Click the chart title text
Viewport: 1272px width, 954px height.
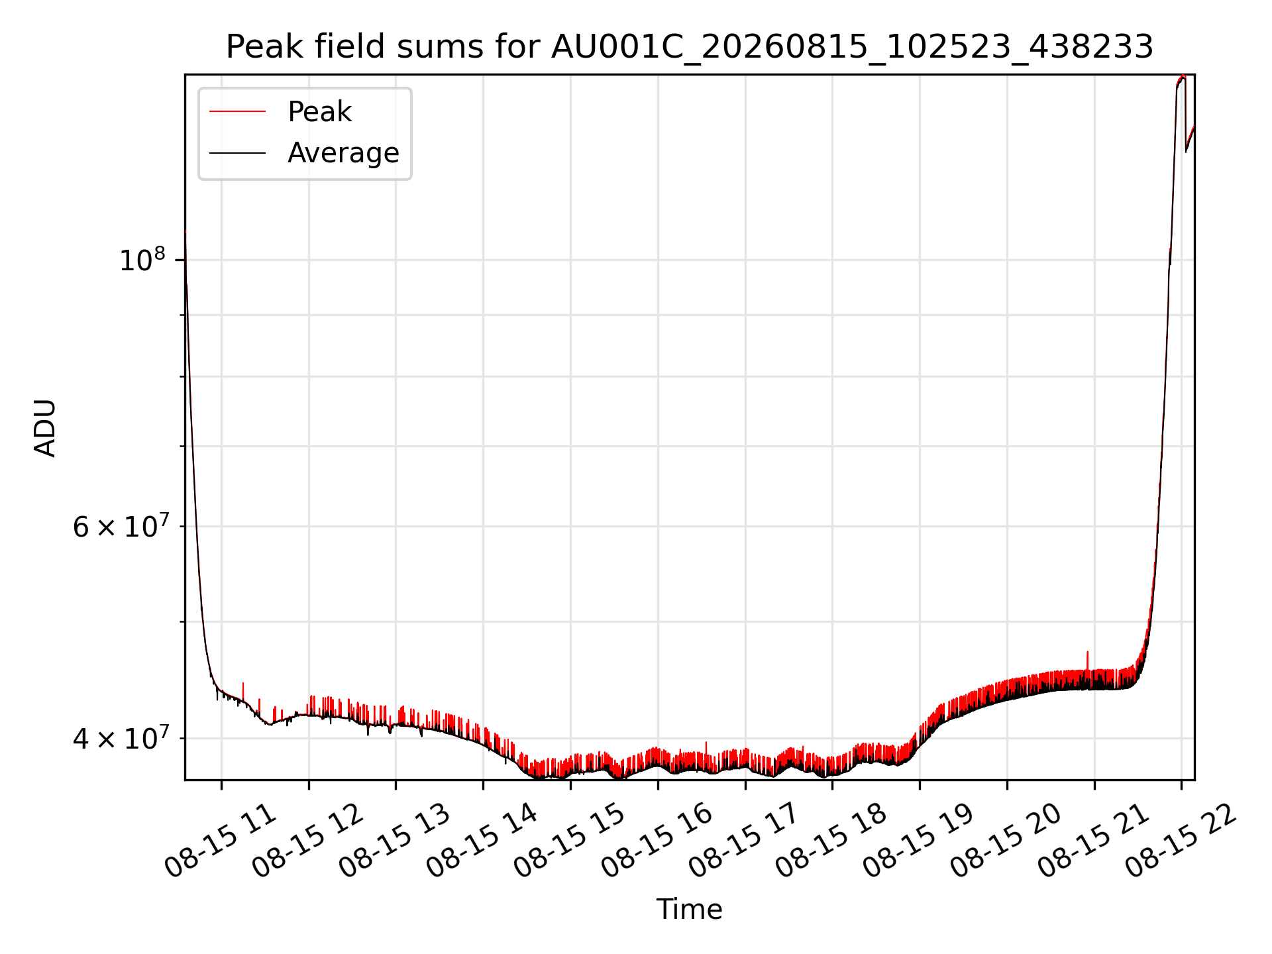pos(690,47)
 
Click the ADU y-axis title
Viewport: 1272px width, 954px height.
pos(45,427)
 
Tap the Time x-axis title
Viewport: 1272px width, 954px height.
pos(689,909)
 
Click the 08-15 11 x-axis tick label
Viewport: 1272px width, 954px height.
pos(221,840)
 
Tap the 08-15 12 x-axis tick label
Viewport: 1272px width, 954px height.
pos(308,840)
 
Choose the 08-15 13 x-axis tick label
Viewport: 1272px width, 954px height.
pos(396,840)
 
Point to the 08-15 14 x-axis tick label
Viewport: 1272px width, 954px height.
pos(482,840)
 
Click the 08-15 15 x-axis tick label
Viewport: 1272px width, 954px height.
pos(570,840)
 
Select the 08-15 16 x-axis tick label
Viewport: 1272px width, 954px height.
pos(657,840)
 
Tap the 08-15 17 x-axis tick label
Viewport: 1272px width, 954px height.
pos(745,840)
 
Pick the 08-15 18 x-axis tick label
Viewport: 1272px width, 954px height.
pos(831,840)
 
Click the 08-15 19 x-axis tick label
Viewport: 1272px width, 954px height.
pos(919,840)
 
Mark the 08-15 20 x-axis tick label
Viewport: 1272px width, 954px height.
pos(1006,840)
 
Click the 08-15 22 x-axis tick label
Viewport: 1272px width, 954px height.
pos(1181,840)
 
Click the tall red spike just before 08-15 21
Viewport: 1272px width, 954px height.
pos(1087,661)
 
